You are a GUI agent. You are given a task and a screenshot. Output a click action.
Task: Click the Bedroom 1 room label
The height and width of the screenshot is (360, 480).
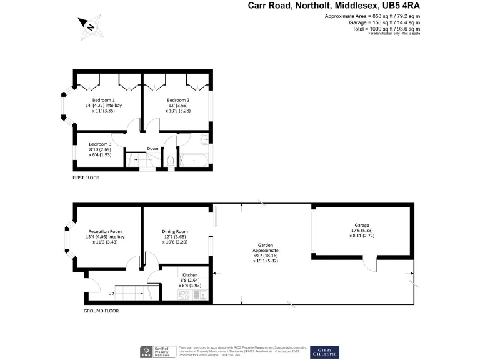(x=104, y=100)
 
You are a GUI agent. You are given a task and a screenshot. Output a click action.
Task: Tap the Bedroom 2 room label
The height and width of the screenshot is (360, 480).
(x=178, y=100)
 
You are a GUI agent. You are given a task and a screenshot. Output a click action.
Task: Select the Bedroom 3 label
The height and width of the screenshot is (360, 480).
(x=100, y=144)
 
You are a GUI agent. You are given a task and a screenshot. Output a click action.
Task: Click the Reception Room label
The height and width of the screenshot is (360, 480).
(x=105, y=231)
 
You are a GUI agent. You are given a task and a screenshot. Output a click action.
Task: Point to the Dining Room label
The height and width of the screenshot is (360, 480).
(x=175, y=231)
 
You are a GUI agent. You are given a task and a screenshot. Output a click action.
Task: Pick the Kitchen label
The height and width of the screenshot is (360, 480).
(x=190, y=275)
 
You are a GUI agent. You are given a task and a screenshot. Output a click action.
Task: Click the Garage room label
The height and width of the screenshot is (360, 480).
(x=362, y=225)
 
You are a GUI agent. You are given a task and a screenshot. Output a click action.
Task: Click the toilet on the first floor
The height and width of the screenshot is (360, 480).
(x=170, y=161)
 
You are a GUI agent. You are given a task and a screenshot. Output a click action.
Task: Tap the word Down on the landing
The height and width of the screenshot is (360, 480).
(x=152, y=149)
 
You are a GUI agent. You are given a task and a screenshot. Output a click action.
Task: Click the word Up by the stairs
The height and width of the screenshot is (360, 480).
(x=111, y=292)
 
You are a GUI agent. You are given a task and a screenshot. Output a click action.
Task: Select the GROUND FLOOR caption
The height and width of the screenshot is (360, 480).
(x=101, y=311)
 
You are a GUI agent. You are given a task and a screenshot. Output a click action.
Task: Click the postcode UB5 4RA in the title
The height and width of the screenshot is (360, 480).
(x=399, y=6)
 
